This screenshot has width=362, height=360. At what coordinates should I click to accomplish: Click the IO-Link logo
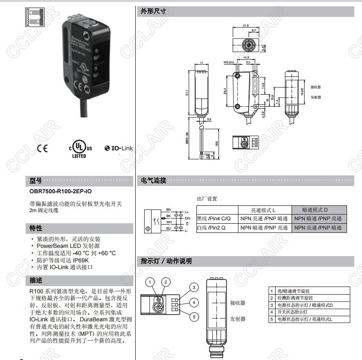click(x=118, y=148)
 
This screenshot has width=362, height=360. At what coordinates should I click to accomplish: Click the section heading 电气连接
click(x=153, y=181)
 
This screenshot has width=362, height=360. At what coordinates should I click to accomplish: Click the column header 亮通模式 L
click(x=264, y=210)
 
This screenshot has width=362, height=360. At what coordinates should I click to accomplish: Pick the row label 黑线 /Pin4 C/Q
click(x=218, y=219)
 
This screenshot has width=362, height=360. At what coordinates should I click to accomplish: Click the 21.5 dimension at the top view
click(x=246, y=26)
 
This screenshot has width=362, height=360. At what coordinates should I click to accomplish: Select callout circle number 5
click(x=194, y=317)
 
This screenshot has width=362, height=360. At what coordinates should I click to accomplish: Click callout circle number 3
click(x=194, y=288)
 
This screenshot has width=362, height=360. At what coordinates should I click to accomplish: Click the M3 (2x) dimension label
click(x=228, y=63)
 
